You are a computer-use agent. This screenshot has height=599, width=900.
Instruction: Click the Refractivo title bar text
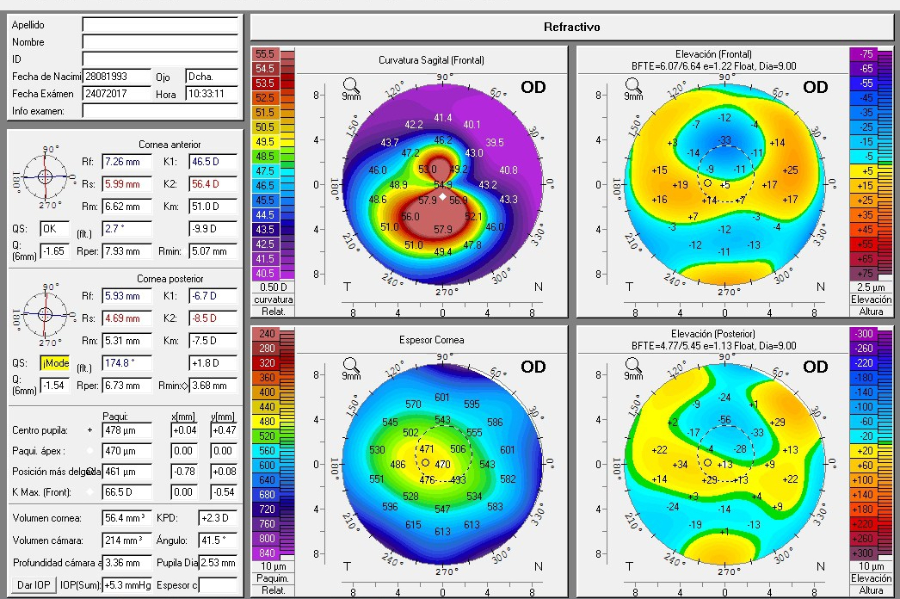(571, 27)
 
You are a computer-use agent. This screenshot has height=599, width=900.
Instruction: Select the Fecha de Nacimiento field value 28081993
(115, 77)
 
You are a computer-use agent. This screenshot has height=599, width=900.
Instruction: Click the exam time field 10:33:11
(211, 94)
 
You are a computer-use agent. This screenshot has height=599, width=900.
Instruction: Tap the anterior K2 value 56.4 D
(212, 184)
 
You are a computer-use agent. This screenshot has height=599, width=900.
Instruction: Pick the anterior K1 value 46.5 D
(212, 161)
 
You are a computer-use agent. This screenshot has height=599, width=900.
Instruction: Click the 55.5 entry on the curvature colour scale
(264, 54)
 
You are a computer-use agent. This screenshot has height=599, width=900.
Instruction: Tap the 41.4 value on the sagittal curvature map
(442, 118)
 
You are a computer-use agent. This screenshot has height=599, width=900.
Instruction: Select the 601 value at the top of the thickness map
(442, 397)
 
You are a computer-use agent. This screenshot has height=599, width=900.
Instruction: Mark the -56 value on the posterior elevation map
(725, 420)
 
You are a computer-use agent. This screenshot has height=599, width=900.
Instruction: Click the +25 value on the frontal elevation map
(791, 170)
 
